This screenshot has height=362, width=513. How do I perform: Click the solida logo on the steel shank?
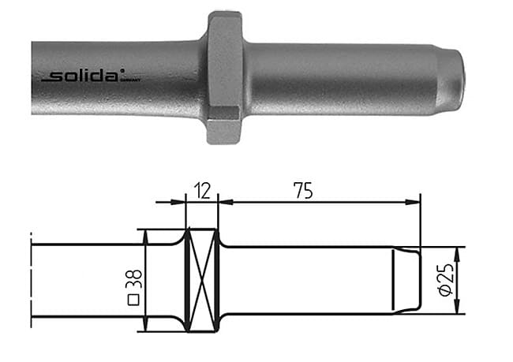pyautogui.click(x=82, y=77)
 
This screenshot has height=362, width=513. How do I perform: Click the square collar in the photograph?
pyautogui.click(x=224, y=77)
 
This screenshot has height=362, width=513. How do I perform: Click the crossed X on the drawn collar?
pyautogui.click(x=201, y=280)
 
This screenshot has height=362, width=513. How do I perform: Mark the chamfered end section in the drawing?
pyautogui.click(x=406, y=280)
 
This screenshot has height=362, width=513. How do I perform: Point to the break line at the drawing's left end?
pyautogui.click(x=31, y=280)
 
